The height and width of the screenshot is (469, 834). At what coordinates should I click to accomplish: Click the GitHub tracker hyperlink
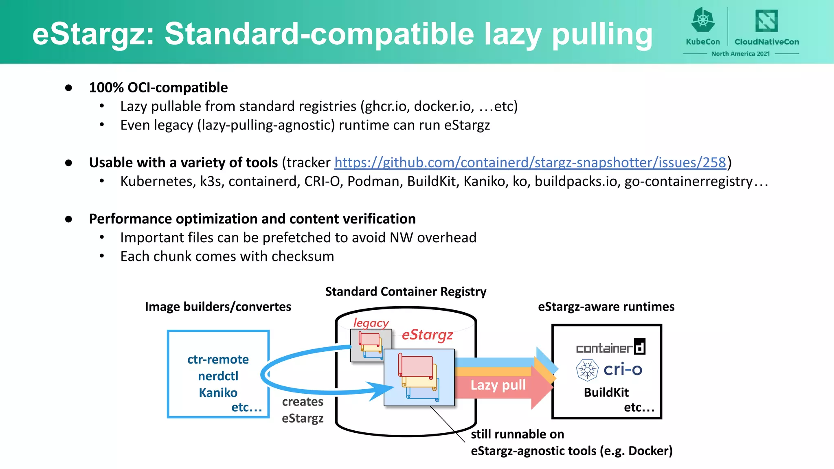click(530, 162)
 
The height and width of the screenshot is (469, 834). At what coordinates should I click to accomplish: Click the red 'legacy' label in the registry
click(371, 322)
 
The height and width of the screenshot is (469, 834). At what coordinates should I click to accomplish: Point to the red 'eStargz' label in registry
click(427, 335)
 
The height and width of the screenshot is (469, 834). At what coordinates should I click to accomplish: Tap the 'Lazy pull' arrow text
click(498, 385)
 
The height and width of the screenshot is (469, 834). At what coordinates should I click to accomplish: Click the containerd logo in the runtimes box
click(610, 347)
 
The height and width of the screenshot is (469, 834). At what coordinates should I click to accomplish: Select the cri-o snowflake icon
click(587, 370)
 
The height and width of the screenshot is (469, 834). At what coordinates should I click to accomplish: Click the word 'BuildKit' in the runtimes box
click(606, 392)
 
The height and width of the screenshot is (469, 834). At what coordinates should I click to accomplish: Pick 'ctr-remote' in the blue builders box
click(218, 359)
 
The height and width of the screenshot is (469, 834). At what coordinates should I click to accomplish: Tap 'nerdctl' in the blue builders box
click(218, 376)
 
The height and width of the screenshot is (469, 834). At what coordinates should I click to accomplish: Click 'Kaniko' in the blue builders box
click(218, 392)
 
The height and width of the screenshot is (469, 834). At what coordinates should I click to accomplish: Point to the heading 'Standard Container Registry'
click(406, 291)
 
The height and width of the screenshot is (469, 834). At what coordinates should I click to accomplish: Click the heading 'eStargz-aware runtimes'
click(606, 307)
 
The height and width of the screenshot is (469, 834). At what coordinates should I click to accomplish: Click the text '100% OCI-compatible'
click(158, 88)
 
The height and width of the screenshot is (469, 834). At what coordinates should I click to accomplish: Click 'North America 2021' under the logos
click(740, 54)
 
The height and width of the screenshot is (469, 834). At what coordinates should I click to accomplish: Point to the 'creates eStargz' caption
click(303, 410)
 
